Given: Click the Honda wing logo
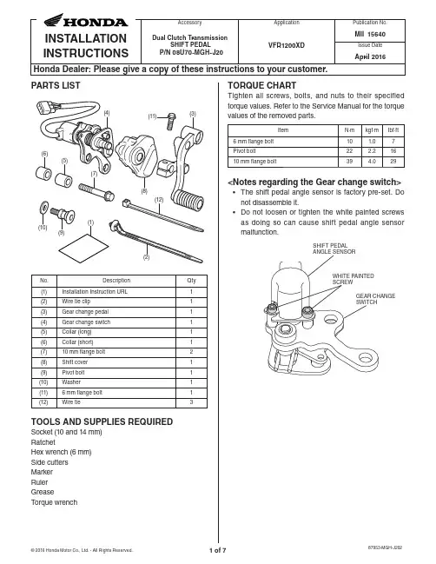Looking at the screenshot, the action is click(x=54, y=20).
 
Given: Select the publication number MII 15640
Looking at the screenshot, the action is click(x=370, y=35).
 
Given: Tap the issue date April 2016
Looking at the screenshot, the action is click(x=370, y=56).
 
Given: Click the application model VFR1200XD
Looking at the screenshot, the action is click(x=287, y=45).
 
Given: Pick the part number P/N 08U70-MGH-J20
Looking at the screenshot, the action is click(x=191, y=52).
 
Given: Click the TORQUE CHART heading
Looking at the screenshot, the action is click(x=262, y=85).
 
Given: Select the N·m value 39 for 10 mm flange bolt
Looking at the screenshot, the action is click(x=349, y=162).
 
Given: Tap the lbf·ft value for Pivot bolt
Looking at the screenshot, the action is click(x=393, y=151).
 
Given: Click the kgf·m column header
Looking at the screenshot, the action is click(x=372, y=130).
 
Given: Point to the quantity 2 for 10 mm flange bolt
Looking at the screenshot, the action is click(x=191, y=352).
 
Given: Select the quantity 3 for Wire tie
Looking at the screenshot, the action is click(x=191, y=402).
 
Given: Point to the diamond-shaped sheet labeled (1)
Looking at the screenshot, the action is click(x=83, y=249).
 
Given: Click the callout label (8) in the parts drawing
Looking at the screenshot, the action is click(x=144, y=191).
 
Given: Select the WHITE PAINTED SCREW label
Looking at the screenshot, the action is click(x=353, y=279).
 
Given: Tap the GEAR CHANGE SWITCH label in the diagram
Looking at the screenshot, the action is click(x=375, y=299).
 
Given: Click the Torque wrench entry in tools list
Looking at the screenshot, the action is click(x=54, y=502).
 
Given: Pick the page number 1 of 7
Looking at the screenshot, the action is click(x=218, y=550).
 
